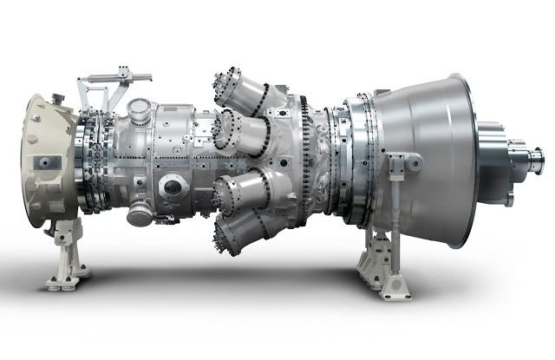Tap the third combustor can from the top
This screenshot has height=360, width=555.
[240, 188]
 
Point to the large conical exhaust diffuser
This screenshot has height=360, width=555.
[425, 156]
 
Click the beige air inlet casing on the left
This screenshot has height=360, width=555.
[43, 160]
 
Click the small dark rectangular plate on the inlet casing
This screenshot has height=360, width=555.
[41, 163]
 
